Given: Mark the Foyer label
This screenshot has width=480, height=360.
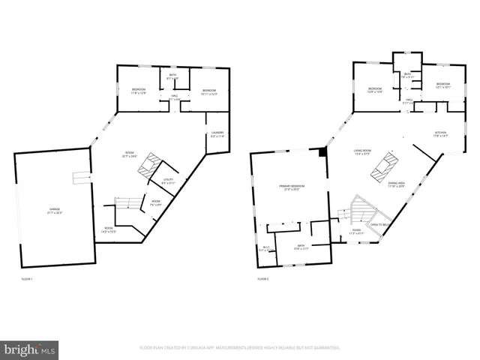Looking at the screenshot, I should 356,231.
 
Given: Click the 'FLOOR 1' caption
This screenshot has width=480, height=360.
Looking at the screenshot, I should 27,279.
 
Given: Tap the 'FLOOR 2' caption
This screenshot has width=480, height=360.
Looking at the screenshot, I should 262,279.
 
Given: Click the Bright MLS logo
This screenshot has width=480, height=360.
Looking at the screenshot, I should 30,349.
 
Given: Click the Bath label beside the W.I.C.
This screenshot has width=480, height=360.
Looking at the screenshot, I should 301,247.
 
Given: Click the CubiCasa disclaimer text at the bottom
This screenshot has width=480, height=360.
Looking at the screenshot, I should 240,348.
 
